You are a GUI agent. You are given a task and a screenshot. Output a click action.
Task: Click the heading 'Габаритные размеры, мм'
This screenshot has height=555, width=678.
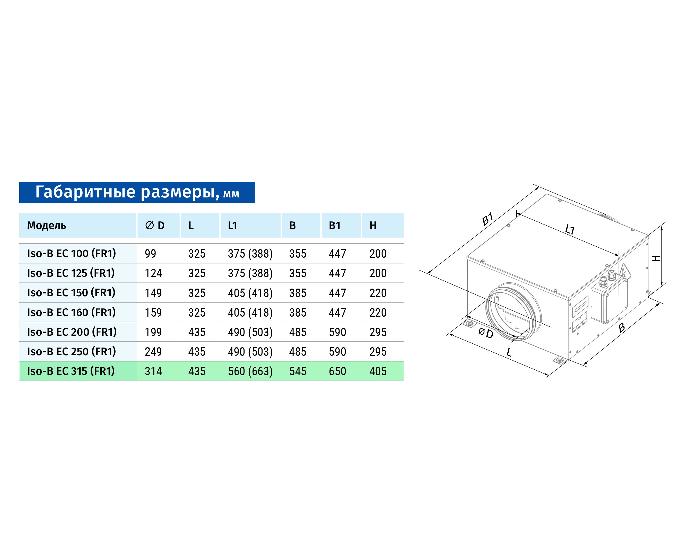[x=137, y=192]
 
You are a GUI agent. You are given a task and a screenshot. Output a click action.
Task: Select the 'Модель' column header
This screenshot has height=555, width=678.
[x=47, y=226]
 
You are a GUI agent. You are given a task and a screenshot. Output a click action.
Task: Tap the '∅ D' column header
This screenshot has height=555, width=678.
[x=155, y=226]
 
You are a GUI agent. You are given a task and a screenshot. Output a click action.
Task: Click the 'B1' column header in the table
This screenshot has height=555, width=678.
[x=335, y=226]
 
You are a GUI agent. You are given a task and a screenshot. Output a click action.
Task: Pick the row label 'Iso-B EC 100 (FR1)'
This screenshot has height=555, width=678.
[x=72, y=254]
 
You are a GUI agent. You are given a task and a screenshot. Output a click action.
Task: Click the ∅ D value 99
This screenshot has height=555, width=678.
[x=151, y=254]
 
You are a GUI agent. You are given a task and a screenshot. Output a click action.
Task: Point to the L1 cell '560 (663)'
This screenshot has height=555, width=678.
[x=250, y=371]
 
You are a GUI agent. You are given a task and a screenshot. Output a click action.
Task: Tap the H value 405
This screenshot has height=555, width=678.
[x=378, y=371]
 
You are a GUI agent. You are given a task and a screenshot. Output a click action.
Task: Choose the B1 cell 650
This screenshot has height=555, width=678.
[x=337, y=371]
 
